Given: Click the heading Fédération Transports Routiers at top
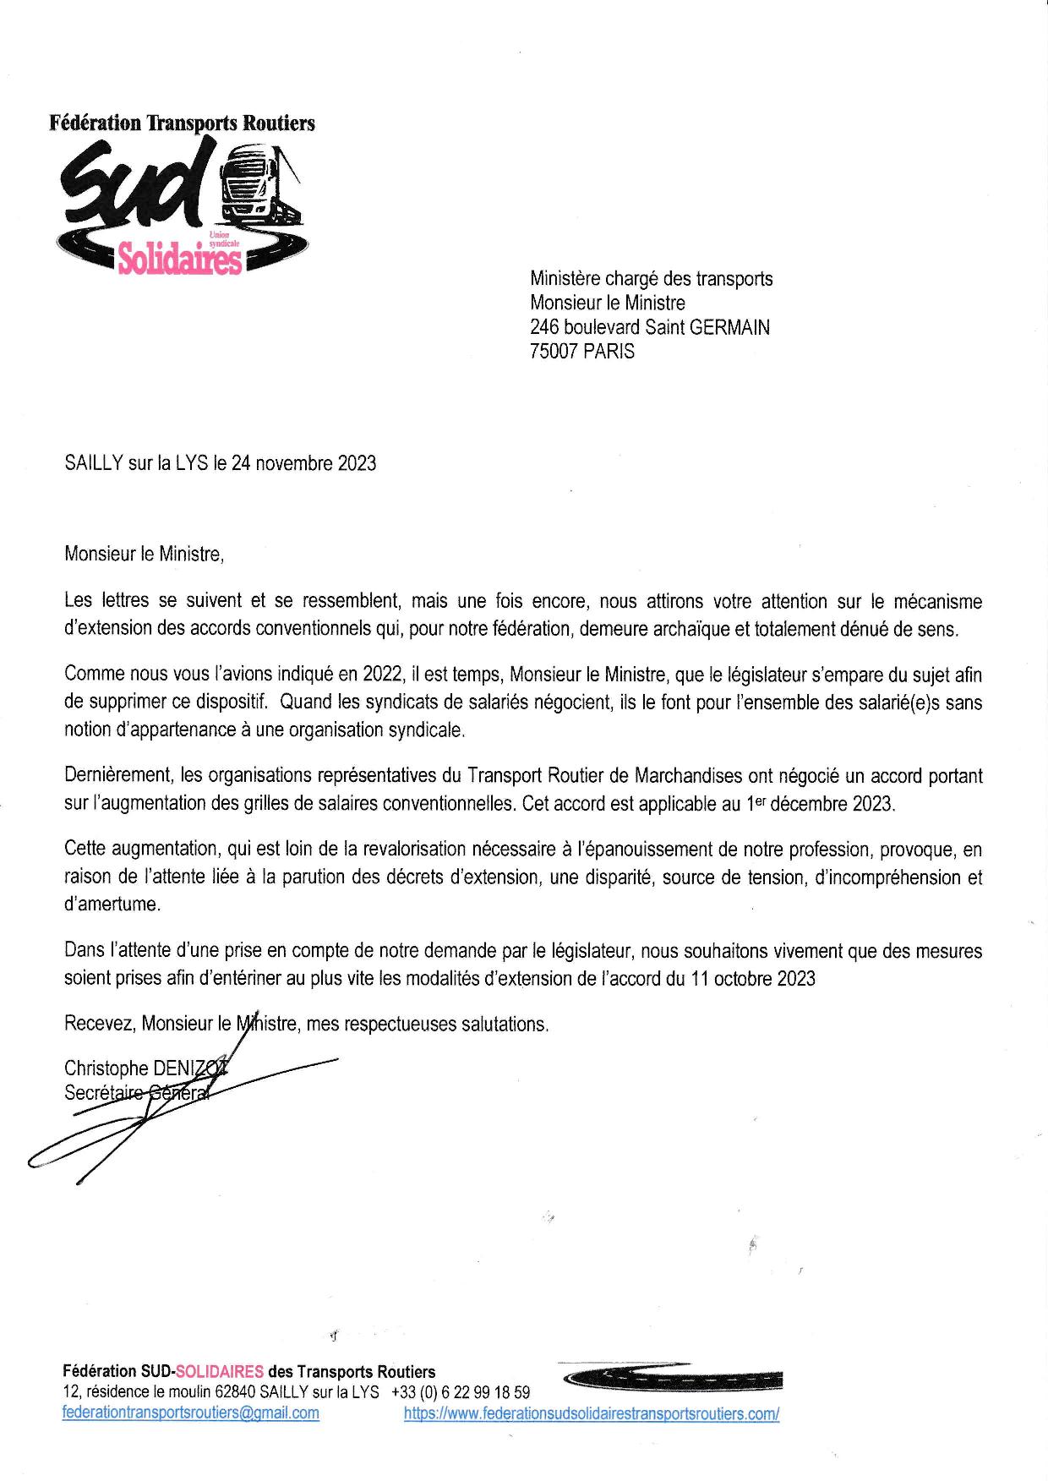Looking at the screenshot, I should (182, 123).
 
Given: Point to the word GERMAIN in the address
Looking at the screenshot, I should (729, 327).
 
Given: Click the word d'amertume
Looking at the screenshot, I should (112, 904).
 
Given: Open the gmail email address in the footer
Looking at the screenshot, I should (191, 1413).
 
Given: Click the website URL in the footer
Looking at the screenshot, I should (592, 1413).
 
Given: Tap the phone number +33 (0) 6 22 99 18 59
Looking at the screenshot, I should (461, 1392).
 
